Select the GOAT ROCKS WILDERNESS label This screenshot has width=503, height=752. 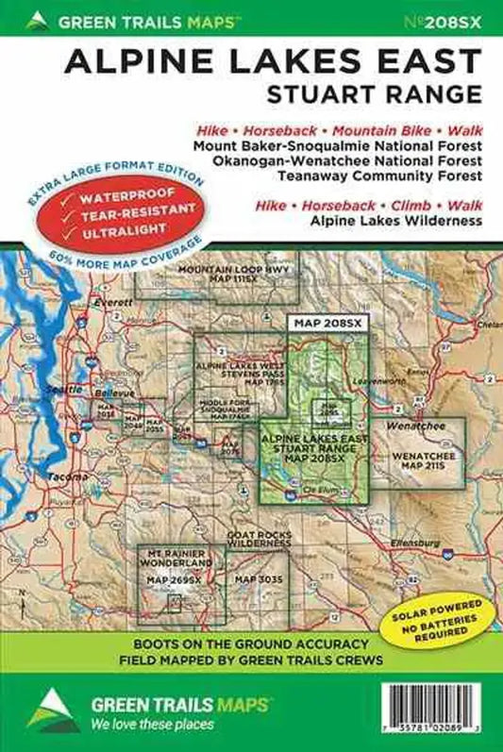[x=257, y=539]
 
